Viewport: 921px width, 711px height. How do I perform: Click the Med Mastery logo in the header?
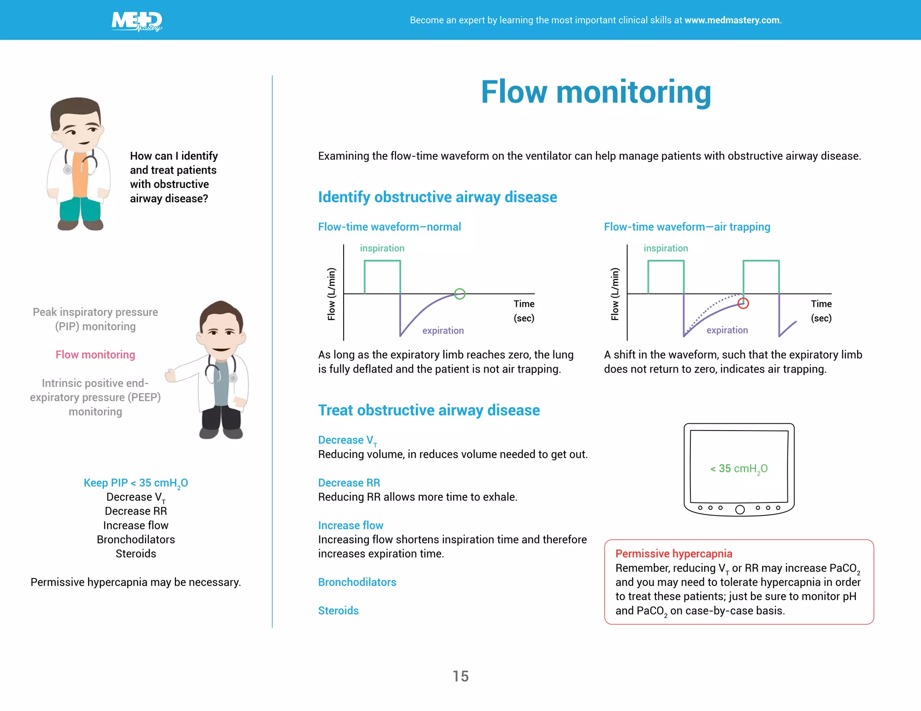click(x=137, y=21)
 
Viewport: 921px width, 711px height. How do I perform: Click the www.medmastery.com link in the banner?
click(x=732, y=20)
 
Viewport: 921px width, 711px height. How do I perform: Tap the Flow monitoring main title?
click(x=596, y=92)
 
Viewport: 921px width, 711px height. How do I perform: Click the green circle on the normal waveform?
click(x=459, y=294)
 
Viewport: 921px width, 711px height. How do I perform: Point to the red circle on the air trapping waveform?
click(x=743, y=303)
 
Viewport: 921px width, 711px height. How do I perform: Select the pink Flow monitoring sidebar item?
click(x=95, y=355)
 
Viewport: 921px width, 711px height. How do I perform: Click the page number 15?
click(x=460, y=676)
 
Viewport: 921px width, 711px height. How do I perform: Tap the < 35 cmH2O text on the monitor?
click(x=738, y=469)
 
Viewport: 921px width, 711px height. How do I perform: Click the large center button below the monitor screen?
click(x=739, y=509)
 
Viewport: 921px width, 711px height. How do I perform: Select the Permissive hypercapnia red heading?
click(x=673, y=554)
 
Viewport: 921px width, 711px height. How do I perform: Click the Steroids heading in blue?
click(x=338, y=610)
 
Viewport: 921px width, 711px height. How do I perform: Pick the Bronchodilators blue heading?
click(x=357, y=582)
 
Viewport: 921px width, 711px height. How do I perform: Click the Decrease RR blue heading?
click(x=349, y=483)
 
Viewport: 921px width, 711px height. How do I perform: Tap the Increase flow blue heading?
click(x=350, y=525)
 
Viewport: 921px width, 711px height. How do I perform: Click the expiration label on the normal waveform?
click(x=443, y=330)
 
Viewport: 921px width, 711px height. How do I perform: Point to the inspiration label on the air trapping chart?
click(x=666, y=248)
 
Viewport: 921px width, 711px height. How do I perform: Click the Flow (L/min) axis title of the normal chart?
click(x=331, y=294)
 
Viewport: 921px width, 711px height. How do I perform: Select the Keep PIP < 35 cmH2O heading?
click(x=135, y=483)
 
